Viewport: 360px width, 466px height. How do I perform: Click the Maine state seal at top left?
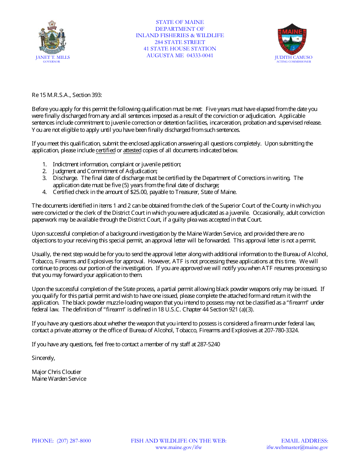point(53,38)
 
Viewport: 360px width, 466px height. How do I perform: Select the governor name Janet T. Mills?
point(53,57)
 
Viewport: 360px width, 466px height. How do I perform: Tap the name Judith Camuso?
point(294,58)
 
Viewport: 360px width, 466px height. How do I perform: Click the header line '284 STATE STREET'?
point(180,42)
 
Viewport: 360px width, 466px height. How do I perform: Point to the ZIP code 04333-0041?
point(200,55)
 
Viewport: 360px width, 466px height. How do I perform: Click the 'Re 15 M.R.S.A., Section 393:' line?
point(67,95)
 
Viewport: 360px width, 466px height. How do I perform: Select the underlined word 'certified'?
point(105,150)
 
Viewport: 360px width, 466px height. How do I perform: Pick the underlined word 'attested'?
point(132,150)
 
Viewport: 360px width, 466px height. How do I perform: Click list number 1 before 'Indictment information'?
point(44,164)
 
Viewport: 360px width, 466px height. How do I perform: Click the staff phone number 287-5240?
point(208,344)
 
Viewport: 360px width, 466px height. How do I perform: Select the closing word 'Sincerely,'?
point(44,358)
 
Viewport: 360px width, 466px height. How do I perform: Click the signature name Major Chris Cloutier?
point(56,372)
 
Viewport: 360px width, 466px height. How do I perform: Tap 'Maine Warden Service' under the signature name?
point(59,379)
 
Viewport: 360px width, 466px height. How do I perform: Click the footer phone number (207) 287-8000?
point(74,441)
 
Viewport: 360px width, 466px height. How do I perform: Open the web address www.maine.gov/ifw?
point(178,447)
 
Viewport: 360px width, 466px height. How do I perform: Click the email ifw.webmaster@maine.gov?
point(297,447)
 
